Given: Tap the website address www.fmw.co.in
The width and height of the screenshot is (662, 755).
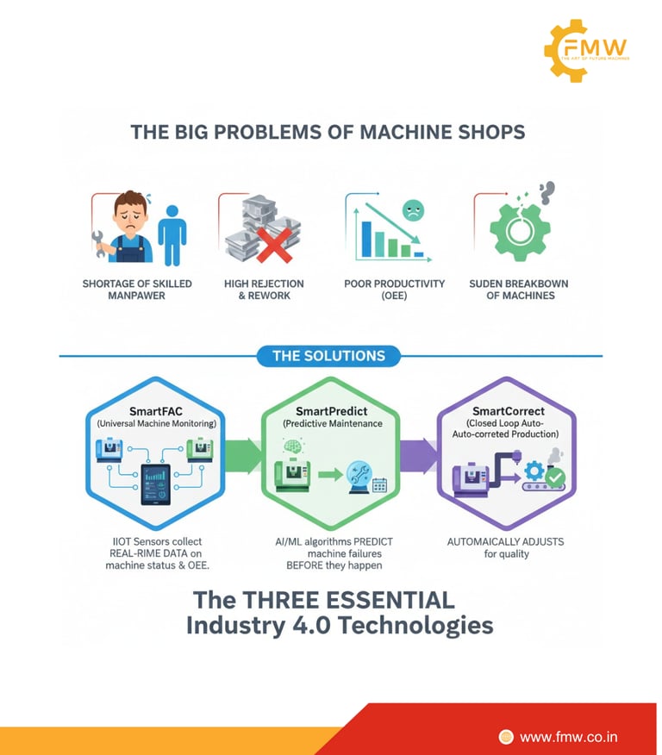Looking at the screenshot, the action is click(x=568, y=736).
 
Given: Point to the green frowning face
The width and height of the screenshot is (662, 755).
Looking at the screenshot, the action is click(x=415, y=212).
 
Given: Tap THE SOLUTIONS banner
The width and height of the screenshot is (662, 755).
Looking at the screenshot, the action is click(x=328, y=355).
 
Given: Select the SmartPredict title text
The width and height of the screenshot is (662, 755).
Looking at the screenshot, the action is click(x=330, y=412).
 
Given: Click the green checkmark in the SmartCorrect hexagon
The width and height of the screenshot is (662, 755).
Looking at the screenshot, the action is click(x=555, y=477).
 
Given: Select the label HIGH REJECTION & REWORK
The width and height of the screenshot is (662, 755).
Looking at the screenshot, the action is click(x=264, y=290).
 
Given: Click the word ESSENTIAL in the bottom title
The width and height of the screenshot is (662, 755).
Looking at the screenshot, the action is click(x=384, y=598).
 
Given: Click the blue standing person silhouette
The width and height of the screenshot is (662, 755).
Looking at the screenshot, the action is click(x=172, y=232).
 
